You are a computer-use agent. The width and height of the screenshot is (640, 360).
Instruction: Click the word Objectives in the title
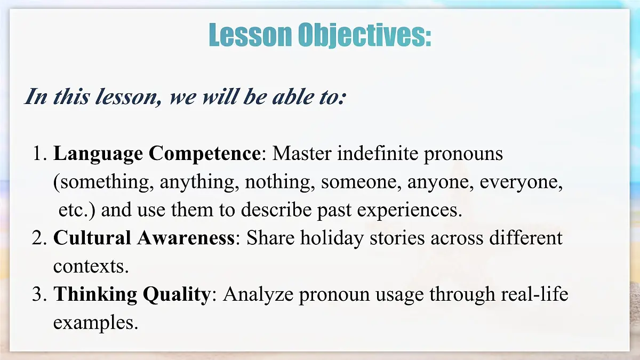(x=364, y=35)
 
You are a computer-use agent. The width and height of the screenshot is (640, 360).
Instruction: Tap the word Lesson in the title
(x=250, y=35)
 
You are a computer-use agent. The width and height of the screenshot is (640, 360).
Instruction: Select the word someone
(x=361, y=182)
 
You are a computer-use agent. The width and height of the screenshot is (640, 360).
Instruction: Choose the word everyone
(x=521, y=182)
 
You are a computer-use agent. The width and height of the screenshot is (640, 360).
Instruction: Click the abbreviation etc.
(x=76, y=210)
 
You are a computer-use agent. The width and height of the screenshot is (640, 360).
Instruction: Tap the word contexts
(x=91, y=266)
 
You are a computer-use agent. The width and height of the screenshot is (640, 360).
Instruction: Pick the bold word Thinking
(x=94, y=294)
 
